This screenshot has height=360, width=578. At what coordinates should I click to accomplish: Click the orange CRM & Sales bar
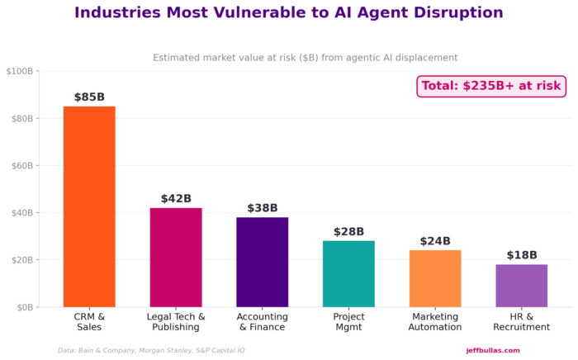[x=89, y=206]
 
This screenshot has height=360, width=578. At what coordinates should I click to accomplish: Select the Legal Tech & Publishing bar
[x=176, y=257]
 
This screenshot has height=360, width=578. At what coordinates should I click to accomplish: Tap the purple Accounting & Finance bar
[x=263, y=262]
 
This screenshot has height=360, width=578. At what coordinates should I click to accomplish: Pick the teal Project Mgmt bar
[x=348, y=273]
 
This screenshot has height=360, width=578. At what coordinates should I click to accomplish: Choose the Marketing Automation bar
[x=435, y=278]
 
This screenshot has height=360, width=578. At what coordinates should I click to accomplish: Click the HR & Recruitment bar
[x=522, y=286]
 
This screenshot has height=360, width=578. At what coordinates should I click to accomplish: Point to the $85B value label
[x=89, y=97]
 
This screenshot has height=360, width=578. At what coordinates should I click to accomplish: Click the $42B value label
[x=176, y=199]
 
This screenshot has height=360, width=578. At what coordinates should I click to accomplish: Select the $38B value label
[x=263, y=208]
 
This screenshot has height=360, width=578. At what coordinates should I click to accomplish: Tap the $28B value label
[x=348, y=232]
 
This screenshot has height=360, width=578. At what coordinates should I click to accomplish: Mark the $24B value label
[x=435, y=241]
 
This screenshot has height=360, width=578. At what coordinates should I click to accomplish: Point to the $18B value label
[x=522, y=255]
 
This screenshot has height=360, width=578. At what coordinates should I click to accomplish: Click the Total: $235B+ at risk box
[x=490, y=86]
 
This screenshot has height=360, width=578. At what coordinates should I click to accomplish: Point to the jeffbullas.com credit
[x=493, y=350]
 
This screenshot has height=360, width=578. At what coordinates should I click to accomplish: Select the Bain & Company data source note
[x=151, y=350]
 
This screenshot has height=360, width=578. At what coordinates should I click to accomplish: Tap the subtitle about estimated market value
[x=305, y=58]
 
